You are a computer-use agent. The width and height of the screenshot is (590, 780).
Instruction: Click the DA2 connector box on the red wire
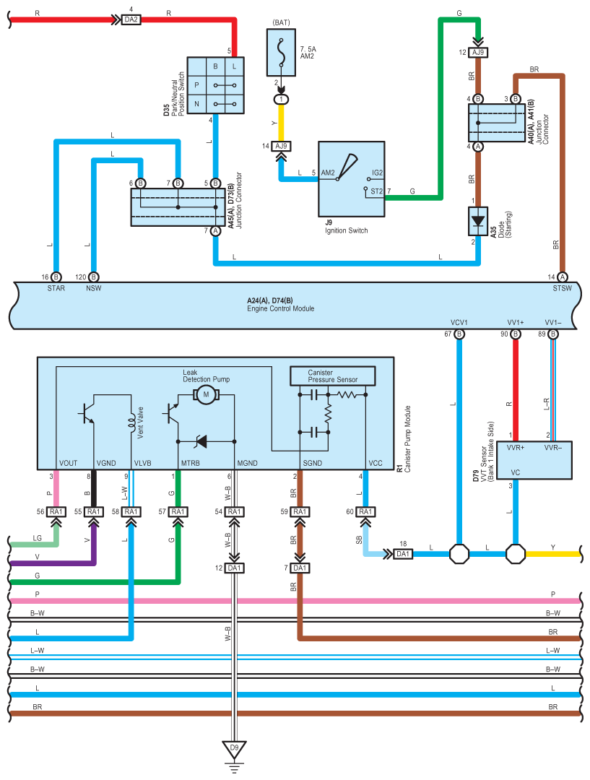tap(131, 20)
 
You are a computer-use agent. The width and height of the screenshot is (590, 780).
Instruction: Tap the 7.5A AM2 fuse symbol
tap(281, 52)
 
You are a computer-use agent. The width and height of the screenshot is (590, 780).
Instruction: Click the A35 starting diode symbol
tap(478, 221)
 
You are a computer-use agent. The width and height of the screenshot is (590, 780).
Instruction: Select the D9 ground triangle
tap(234, 750)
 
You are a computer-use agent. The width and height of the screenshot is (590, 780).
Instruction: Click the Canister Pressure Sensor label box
tap(332, 376)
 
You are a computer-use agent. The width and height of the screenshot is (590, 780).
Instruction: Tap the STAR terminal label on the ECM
tap(56, 288)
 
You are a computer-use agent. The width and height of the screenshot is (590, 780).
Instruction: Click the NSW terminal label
tap(94, 288)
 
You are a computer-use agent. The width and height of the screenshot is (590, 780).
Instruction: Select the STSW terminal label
tap(562, 288)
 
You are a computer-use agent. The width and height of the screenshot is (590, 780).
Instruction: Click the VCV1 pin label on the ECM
tap(459, 322)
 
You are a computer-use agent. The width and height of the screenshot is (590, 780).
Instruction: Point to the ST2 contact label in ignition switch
tap(376, 191)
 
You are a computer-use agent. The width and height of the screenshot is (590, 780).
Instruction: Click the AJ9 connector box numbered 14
tap(282, 146)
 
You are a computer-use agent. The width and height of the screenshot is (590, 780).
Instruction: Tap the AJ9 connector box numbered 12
tap(478, 52)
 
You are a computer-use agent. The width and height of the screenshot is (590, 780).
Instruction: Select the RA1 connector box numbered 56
tap(56, 512)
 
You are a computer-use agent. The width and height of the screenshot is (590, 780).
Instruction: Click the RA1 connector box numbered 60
tap(365, 512)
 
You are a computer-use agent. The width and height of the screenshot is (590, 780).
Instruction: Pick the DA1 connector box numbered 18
tap(403, 554)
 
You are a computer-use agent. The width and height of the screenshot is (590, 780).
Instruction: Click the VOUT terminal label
tap(68, 463)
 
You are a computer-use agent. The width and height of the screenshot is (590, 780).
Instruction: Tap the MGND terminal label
tap(247, 463)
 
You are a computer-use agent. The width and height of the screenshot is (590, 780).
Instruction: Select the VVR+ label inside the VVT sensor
tap(516, 448)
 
